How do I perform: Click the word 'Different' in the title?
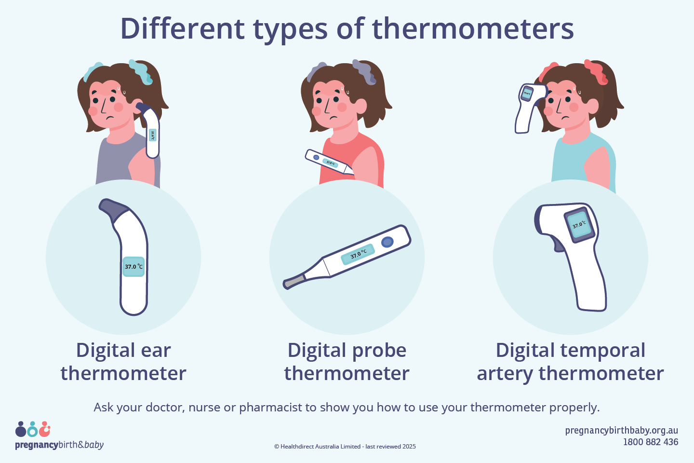pyautogui.click(x=182, y=28)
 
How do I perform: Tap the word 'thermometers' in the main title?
pyautogui.click(x=473, y=28)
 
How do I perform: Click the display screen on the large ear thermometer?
pyautogui.click(x=133, y=267)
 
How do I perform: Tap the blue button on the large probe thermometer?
pyautogui.click(x=387, y=242)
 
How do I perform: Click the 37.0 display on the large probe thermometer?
pyautogui.click(x=358, y=254)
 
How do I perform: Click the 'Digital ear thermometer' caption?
pyautogui.click(x=123, y=362)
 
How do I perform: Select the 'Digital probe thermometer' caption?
pyautogui.click(x=347, y=362)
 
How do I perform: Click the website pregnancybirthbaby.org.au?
pyautogui.click(x=621, y=430)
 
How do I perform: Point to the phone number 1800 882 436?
pyautogui.click(x=650, y=442)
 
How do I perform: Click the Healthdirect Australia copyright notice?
pyautogui.click(x=345, y=447)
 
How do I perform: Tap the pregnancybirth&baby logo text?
pyautogui.click(x=59, y=445)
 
